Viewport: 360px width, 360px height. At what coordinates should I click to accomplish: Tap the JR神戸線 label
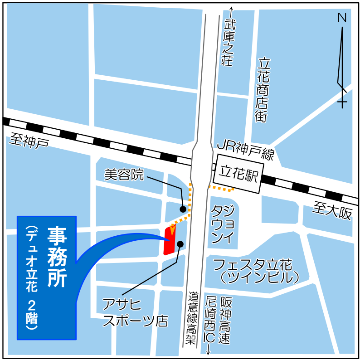point(245,150)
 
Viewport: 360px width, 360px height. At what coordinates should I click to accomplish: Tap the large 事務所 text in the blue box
point(58,257)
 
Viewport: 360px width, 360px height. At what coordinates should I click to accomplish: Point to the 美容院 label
point(124,174)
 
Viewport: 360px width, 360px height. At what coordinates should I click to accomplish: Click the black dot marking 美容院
point(183,209)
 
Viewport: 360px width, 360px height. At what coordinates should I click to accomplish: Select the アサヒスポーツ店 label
point(135,312)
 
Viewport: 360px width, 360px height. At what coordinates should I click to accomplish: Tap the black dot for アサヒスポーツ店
point(180,244)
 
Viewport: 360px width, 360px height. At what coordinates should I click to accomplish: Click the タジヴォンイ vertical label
point(223,224)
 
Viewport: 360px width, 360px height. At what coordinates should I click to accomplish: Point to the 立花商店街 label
point(263,90)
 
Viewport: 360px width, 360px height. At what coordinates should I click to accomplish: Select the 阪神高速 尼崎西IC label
point(217,320)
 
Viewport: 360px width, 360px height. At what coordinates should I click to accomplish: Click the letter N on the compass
point(342,18)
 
